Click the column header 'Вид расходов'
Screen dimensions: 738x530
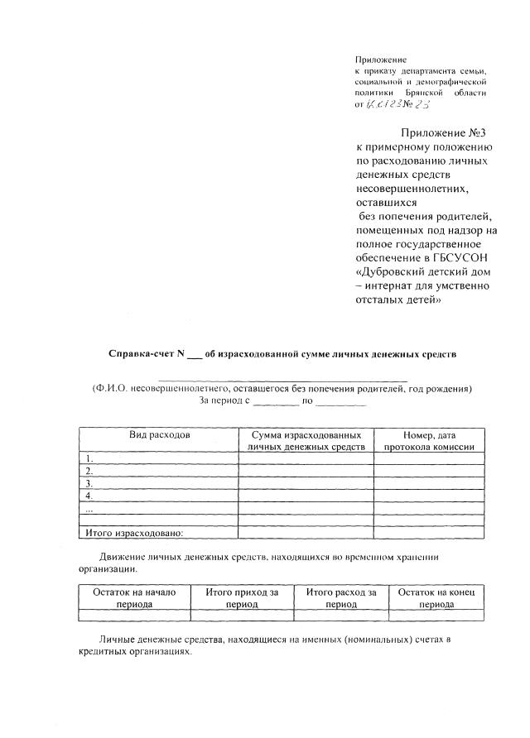pos(158,434)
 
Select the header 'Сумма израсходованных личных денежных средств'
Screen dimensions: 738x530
pos(306,440)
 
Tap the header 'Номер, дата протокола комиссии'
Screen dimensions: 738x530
pos(429,440)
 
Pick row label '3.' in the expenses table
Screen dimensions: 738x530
pos(89,482)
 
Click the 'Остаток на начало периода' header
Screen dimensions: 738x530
pos(134,598)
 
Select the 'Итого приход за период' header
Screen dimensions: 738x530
pos(242,598)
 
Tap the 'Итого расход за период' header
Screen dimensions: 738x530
pos(341,598)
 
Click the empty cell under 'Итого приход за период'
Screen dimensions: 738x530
pos(242,616)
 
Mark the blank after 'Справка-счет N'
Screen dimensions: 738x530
pos(194,355)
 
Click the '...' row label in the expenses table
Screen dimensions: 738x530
pos(89,508)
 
